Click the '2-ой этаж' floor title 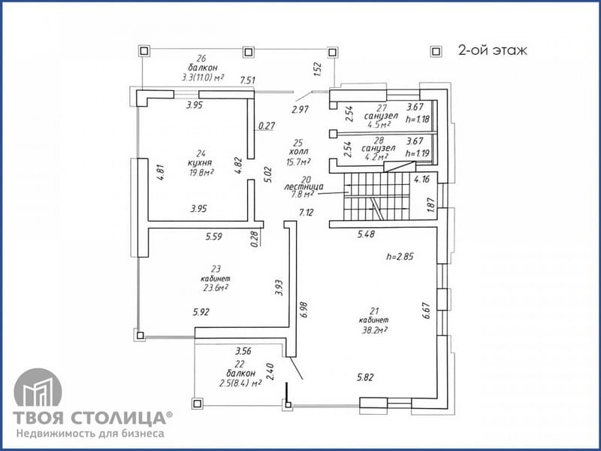click(x=493, y=50)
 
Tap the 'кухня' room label click(x=200, y=163)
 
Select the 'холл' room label click(x=299, y=153)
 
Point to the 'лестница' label click(x=304, y=186)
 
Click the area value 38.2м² click(x=374, y=330)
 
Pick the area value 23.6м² click(x=216, y=288)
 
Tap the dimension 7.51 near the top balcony click(x=248, y=80)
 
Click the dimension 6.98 click(x=305, y=310)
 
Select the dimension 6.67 click(x=426, y=310)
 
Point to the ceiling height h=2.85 click(x=400, y=256)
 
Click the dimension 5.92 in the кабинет click(x=201, y=312)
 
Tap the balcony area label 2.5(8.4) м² click(x=240, y=383)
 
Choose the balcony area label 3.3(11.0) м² click(x=203, y=77)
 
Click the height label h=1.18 click(x=418, y=120)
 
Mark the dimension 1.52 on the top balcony click(x=318, y=69)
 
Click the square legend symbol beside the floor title click(x=436, y=51)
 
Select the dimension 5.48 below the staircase click(x=366, y=234)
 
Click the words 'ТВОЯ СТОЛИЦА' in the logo click(x=89, y=418)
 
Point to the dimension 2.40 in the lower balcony click(x=270, y=371)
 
